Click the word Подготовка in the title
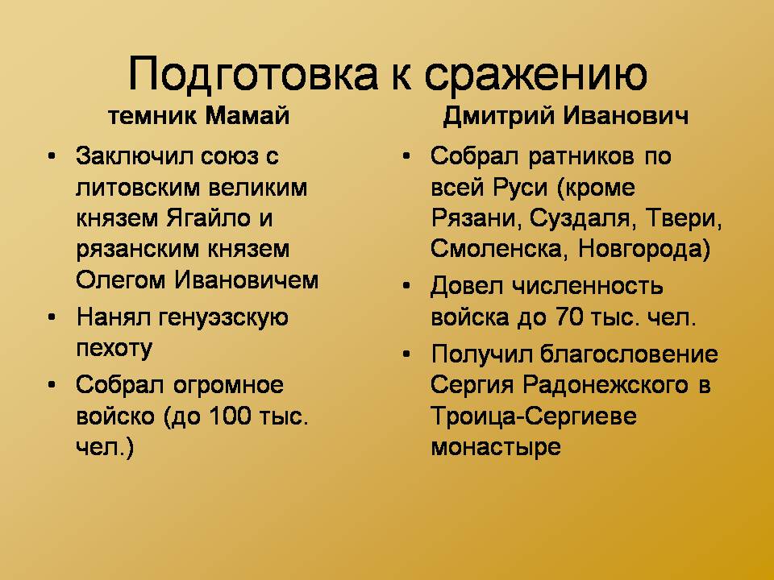point(252,75)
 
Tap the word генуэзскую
point(223,318)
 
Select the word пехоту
point(114,349)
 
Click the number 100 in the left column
point(231,416)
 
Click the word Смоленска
point(496,249)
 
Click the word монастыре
point(496,447)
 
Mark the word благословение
point(629,354)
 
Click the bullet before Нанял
point(52,317)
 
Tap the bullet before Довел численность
point(406,286)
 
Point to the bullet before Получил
point(406,354)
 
